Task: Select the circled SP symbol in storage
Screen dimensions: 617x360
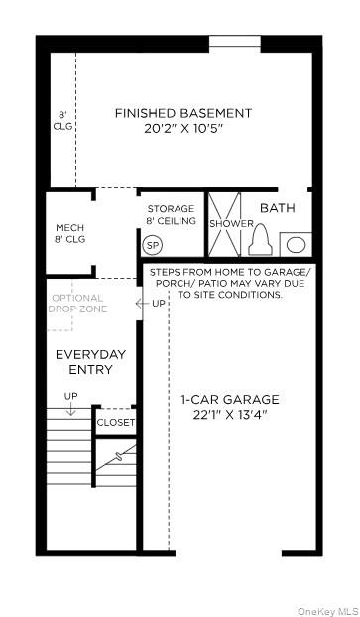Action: pyautogui.click(x=153, y=245)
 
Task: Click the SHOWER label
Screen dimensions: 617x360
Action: pyautogui.click(x=231, y=224)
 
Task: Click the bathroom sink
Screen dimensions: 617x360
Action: pyautogui.click(x=296, y=244)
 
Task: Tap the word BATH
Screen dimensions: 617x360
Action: pyautogui.click(x=277, y=208)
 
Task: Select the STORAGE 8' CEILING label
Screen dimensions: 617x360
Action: pyautogui.click(x=171, y=215)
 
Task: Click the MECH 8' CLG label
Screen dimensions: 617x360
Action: pyautogui.click(x=69, y=233)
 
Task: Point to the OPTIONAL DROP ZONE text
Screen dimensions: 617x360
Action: pyautogui.click(x=77, y=303)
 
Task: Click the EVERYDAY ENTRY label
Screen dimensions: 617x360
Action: pyautogui.click(x=83, y=362)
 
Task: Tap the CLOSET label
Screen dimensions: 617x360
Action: pyautogui.click(x=116, y=422)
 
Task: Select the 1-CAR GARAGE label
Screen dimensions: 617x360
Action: pyautogui.click(x=230, y=400)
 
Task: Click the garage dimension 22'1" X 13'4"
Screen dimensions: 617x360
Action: pyautogui.click(x=230, y=416)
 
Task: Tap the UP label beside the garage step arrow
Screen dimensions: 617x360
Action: pyautogui.click(x=158, y=303)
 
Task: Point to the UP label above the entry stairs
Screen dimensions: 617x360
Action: pyautogui.click(x=70, y=396)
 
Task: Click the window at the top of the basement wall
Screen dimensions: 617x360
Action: pyautogui.click(x=235, y=41)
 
